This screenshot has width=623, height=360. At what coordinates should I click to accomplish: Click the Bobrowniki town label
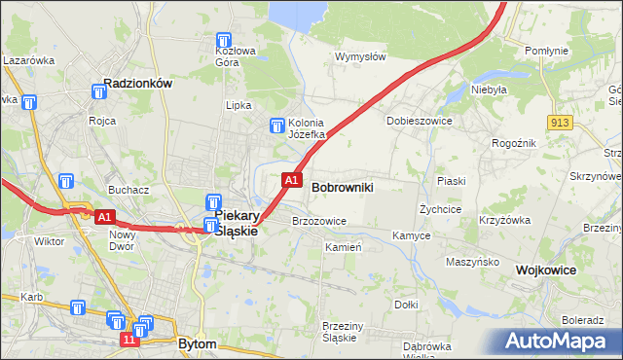coord(343,186)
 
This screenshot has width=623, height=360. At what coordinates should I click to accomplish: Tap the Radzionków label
coord(137,84)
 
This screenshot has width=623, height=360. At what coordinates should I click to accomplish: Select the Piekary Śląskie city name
coord(235,222)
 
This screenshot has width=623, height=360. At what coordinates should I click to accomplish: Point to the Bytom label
coord(199,343)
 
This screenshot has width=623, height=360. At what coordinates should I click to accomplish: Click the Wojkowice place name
coord(547,270)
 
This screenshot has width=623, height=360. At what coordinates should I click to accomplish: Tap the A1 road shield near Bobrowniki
coord(290,180)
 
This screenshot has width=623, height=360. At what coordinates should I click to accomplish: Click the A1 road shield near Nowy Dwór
coord(106,217)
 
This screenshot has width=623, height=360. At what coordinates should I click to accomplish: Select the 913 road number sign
coord(559,122)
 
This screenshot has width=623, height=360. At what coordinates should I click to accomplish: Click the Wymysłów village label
coord(360,56)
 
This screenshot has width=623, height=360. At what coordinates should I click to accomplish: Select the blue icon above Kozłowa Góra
coord(225,41)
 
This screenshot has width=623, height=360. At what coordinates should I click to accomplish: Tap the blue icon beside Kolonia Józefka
coord(276,124)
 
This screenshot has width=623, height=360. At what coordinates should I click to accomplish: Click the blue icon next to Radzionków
coord(98,91)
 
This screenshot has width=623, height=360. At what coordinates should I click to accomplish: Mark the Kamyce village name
coord(411,235)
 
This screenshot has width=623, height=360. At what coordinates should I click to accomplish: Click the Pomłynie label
coord(545,50)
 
